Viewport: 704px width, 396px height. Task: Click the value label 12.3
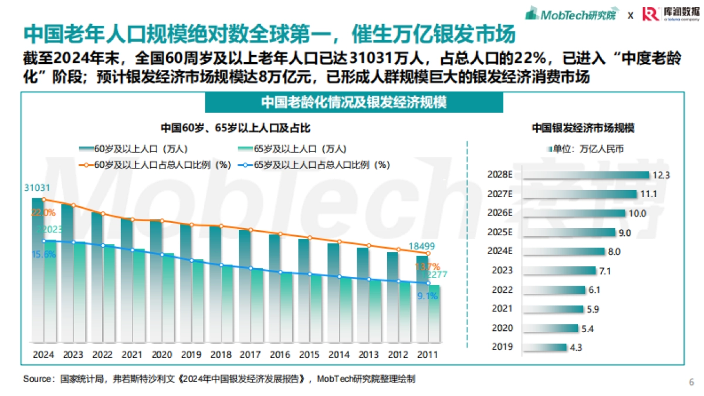661,175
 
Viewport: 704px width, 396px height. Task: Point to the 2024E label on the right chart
500,251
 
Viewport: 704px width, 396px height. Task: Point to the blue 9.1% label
428,296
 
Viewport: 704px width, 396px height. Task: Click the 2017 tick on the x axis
251,355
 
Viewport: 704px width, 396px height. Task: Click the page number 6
691,382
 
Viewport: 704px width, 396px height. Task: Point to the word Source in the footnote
37,379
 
